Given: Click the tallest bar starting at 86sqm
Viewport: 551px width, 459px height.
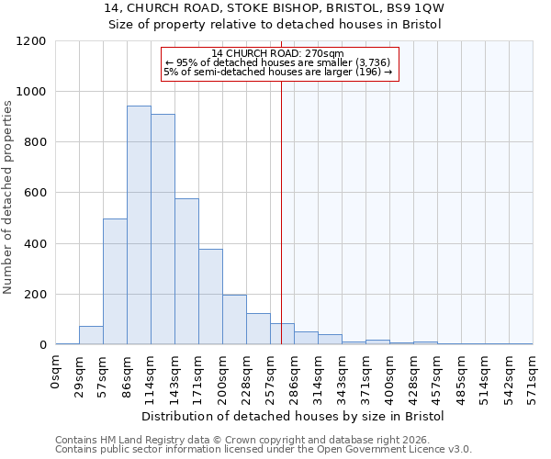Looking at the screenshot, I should pos(139,225).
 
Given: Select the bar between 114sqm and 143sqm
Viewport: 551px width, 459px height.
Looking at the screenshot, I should pos(163,229).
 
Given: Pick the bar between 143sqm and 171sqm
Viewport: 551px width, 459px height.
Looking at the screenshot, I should pos(186,272).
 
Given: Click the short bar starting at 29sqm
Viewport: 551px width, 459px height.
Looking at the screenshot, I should pos(91,336).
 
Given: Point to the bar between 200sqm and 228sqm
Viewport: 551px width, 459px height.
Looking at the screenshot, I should pos(234,319).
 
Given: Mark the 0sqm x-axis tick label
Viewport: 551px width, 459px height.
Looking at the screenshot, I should pos(55,373).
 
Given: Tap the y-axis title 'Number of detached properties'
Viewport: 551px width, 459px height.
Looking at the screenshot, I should pos(8,197).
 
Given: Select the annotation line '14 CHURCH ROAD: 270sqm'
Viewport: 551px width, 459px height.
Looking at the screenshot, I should pos(277,54).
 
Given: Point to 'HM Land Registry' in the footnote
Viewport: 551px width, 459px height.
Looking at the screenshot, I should pos(131,440).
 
